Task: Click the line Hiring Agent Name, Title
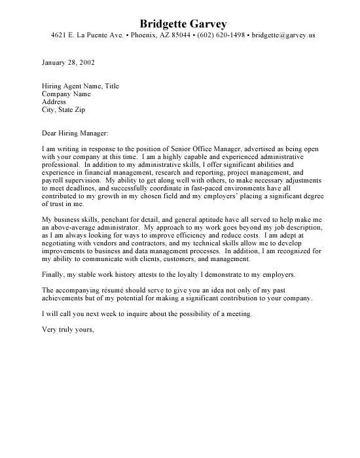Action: pos(80,86)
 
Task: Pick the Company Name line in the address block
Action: pos(65,94)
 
